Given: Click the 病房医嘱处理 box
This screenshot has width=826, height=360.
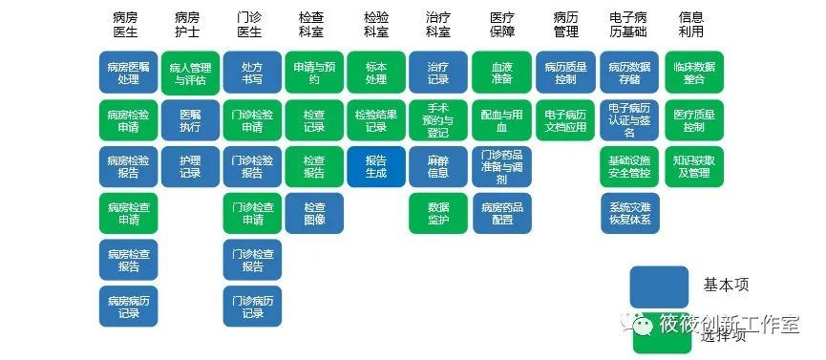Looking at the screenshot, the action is point(129,73).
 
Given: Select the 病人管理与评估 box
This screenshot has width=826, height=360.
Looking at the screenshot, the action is point(191,73).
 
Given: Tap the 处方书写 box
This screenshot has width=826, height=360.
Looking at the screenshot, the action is point(252,73).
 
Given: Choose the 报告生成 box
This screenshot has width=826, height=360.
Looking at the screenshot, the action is point(376,166).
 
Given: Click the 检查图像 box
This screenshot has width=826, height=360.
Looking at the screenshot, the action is point(314,213).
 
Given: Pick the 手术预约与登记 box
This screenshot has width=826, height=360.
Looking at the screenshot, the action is point(438,119).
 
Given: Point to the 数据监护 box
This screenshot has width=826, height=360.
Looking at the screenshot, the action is point(438,213).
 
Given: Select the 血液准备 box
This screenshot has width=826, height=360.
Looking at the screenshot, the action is point(501,73).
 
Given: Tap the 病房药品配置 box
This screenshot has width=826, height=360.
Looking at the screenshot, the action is point(501,213).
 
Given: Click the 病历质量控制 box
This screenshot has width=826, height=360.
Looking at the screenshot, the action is point(564,73).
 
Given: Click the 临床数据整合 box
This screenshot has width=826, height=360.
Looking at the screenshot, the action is point(693,73).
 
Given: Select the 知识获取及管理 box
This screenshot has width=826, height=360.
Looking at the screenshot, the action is point(693,166).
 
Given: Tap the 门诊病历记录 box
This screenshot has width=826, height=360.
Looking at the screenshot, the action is point(252,307).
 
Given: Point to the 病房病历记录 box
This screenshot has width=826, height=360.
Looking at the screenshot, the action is point(129,307).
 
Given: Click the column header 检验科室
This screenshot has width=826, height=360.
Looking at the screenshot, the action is point(376,25).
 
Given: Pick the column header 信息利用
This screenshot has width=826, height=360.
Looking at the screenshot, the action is point(692,25).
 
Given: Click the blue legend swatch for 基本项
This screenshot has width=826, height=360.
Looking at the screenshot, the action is point(658,286).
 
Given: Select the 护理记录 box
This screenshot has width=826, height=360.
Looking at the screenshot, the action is point(191,166).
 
